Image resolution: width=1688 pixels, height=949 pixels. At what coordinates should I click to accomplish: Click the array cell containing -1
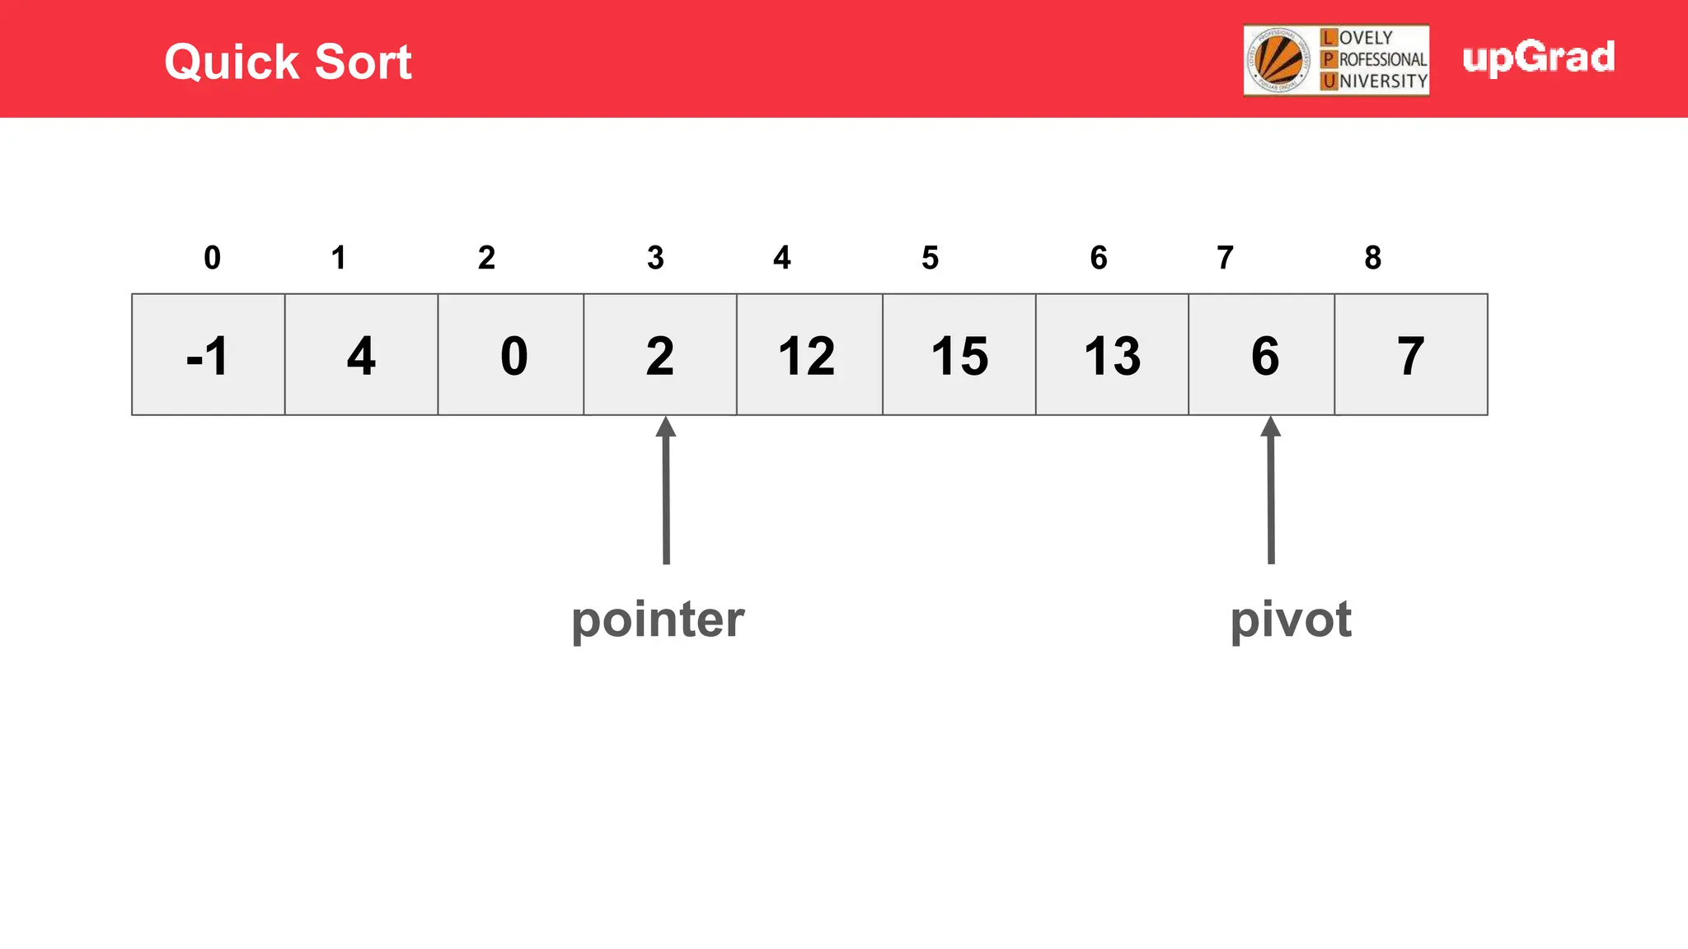[209, 355]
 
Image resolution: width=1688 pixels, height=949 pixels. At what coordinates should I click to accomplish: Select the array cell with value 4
[361, 355]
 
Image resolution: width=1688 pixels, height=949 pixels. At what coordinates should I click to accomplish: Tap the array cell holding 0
[511, 355]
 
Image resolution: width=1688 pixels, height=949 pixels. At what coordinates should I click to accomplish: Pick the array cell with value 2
[660, 355]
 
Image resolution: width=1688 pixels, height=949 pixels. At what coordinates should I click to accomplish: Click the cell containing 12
[809, 355]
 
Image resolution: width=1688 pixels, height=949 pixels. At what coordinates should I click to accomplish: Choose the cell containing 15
[959, 355]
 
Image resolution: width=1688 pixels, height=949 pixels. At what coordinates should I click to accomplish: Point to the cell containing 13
[1112, 355]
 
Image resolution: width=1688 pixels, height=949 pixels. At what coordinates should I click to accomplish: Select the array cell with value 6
[1262, 355]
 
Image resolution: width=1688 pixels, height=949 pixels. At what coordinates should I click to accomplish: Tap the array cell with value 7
[1411, 355]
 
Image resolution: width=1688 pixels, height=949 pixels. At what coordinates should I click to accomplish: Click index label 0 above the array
[213, 258]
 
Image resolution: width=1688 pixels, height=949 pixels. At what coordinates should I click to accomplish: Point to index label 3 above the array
[655, 258]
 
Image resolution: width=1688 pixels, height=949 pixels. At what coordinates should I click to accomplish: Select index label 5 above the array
[930, 258]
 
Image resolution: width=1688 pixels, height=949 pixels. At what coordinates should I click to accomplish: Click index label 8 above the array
[1372, 258]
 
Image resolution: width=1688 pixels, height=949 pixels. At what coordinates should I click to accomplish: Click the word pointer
[658, 619]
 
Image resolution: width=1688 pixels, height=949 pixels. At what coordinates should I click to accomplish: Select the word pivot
[1290, 619]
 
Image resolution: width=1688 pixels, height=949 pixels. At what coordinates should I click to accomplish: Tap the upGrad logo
[1538, 58]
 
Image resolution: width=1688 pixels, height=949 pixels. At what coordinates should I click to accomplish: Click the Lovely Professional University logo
[1336, 60]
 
